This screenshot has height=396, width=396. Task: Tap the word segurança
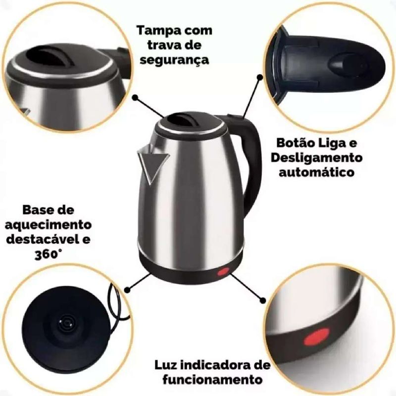(175, 60)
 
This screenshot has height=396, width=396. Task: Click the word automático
(316, 172)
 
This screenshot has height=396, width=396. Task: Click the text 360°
(48, 254)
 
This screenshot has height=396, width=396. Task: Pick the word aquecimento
(48, 225)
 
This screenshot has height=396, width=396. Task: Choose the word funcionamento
(212, 380)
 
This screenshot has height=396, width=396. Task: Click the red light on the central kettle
(222, 272)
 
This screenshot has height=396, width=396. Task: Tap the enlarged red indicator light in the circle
(316, 337)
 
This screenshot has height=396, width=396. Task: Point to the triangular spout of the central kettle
(152, 162)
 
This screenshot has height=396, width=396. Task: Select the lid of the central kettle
(190, 124)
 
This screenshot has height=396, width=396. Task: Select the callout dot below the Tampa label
(135, 97)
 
